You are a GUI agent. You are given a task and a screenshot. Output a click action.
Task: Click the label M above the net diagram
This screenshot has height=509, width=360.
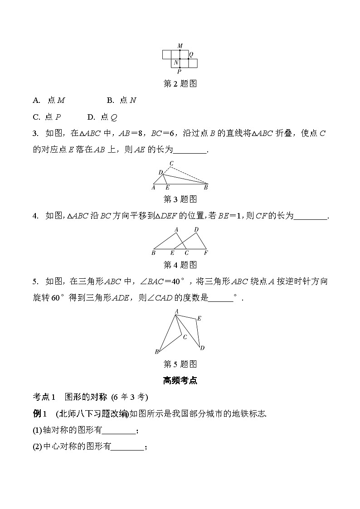pos(180,46)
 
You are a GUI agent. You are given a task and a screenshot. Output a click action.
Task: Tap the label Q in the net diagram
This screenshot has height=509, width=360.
pos(191,54)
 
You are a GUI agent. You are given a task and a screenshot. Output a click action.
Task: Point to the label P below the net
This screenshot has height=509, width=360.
pos(180,72)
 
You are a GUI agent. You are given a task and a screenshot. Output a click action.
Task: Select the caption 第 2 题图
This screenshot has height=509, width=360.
pos(180,83)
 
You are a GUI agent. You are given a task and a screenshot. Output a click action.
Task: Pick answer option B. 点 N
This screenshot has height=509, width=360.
pos(122,101)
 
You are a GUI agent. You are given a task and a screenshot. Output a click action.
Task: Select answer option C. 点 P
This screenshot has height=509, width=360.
pos(47,117)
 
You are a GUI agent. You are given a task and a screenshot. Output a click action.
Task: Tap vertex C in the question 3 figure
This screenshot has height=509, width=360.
pos(171,163)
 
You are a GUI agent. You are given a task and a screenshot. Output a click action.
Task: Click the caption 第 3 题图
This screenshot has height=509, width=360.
pos(180,199)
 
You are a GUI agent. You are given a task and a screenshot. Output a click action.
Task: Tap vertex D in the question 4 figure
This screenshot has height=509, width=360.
pos(196,230)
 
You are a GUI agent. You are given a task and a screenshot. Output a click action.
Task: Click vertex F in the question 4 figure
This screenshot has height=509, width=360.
pos(206,253)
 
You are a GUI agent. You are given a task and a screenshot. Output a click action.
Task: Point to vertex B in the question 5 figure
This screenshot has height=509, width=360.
pos(157,352)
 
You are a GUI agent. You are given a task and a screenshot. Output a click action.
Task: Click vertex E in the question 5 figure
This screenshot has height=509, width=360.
pos(199,319)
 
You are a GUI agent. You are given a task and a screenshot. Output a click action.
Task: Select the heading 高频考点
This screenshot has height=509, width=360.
pos(180,381)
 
